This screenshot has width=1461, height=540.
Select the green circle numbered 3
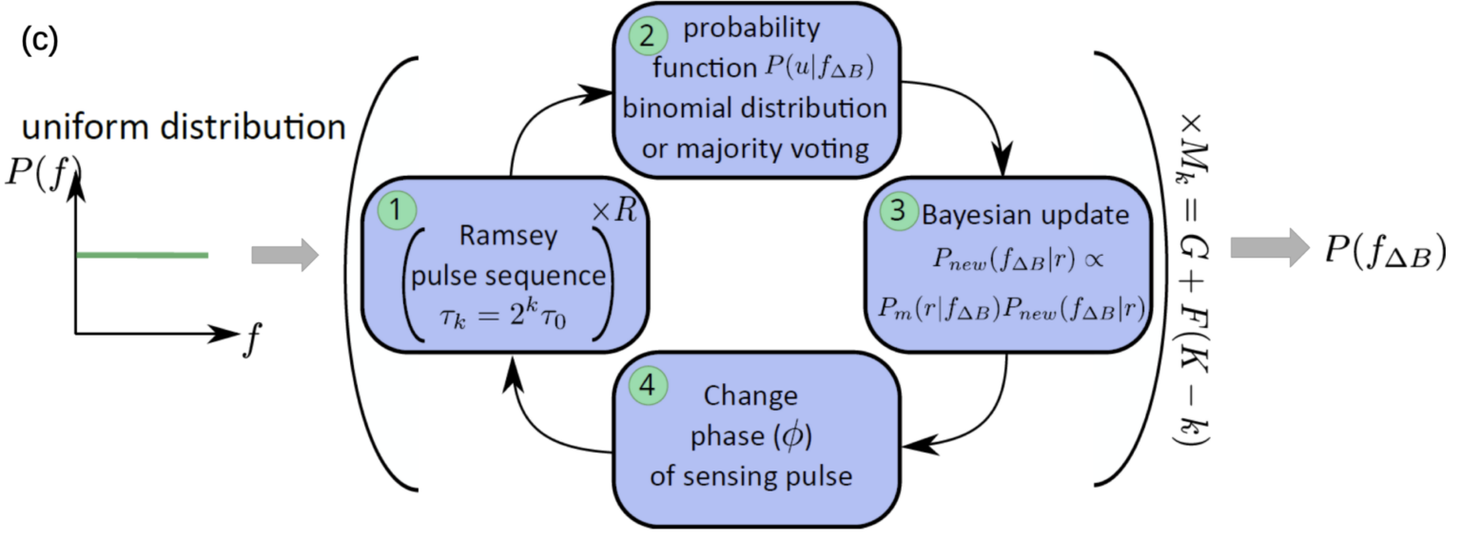point(893,214)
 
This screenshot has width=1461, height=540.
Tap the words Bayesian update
point(1023,215)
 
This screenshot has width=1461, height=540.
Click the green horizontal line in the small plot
point(142,255)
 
